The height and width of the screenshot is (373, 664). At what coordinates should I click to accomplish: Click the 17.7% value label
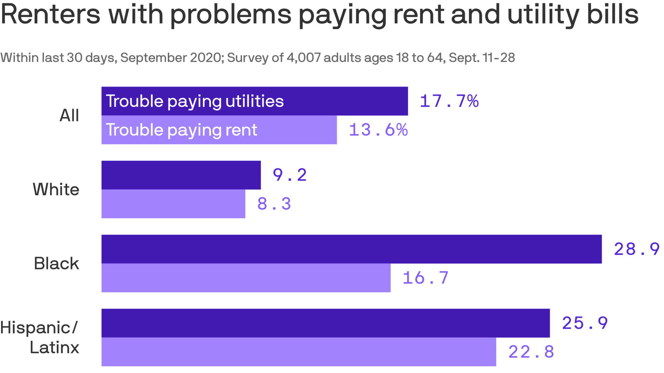(x=449, y=101)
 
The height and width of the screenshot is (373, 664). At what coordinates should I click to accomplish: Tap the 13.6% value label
(x=378, y=130)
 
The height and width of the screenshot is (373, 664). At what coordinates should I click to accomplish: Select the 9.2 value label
(x=290, y=175)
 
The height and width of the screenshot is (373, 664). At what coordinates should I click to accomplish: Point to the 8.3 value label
(x=274, y=204)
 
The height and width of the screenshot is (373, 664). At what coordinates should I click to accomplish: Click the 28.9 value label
(x=636, y=249)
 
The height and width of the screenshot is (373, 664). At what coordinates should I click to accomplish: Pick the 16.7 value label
(x=426, y=278)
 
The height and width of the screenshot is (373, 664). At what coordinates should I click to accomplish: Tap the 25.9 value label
(x=585, y=323)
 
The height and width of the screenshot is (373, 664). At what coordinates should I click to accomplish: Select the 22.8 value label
(x=531, y=352)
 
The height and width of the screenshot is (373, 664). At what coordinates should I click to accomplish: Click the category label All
(x=69, y=115)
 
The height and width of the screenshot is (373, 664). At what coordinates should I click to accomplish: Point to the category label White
(x=56, y=189)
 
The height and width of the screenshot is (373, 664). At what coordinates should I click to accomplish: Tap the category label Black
(x=56, y=264)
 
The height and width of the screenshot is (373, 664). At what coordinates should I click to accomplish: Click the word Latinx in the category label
(x=54, y=347)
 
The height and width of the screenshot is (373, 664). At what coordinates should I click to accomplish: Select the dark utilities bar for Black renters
(x=351, y=249)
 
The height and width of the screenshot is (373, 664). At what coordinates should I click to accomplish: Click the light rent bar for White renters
(x=173, y=204)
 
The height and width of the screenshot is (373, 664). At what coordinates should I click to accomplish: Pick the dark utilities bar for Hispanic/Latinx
(x=325, y=323)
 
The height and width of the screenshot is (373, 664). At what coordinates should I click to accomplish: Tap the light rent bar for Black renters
(x=246, y=278)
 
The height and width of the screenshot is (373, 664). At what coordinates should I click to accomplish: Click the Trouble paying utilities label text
(x=195, y=101)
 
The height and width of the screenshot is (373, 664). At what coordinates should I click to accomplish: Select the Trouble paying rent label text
(x=182, y=130)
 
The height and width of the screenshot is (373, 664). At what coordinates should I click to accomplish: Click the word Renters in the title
(x=50, y=15)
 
